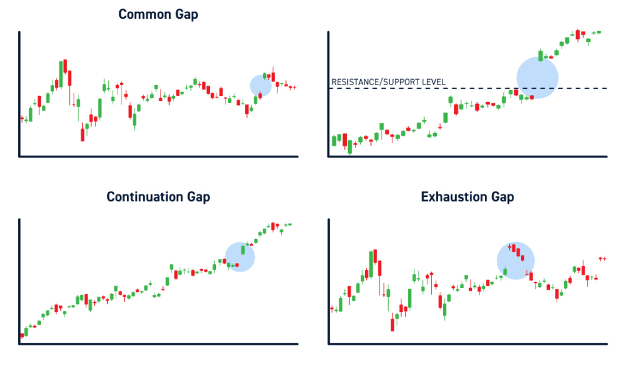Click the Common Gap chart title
pyautogui.click(x=158, y=14)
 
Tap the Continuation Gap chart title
pyautogui.click(x=158, y=197)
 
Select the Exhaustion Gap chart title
pyautogui.click(x=467, y=197)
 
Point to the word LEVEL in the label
pyautogui.click(x=434, y=82)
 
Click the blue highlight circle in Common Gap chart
pyautogui.click(x=261, y=86)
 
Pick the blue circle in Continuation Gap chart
pyautogui.click(x=240, y=257)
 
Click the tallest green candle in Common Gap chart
pyautogui.click(x=61, y=75)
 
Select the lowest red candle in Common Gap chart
pyautogui.click(x=82, y=132)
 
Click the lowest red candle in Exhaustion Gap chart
pyautogui.click(x=392, y=322)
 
